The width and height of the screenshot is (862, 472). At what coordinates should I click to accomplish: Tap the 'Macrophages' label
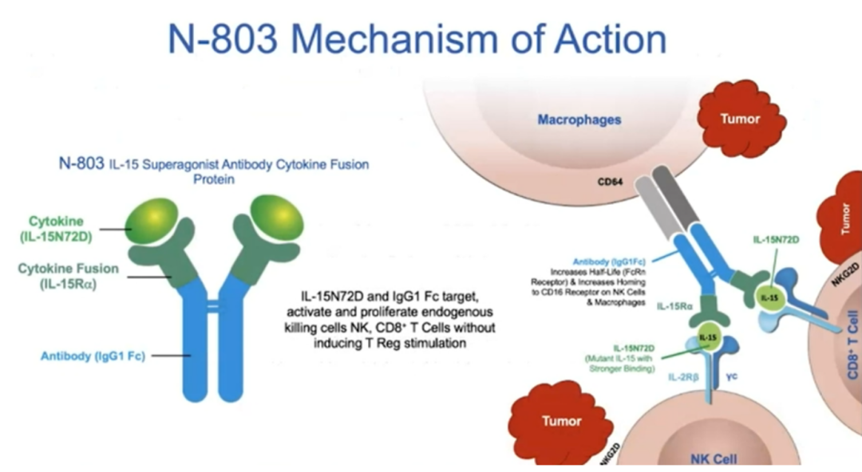[x=579, y=120]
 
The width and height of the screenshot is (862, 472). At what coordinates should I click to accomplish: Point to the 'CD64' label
[x=611, y=181]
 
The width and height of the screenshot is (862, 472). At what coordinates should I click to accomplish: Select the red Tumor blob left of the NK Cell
[x=562, y=421]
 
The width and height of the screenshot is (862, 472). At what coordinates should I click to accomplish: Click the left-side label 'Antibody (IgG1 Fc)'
[x=93, y=356]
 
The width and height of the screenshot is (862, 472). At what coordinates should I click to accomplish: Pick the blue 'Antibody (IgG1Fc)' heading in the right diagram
[x=611, y=261]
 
